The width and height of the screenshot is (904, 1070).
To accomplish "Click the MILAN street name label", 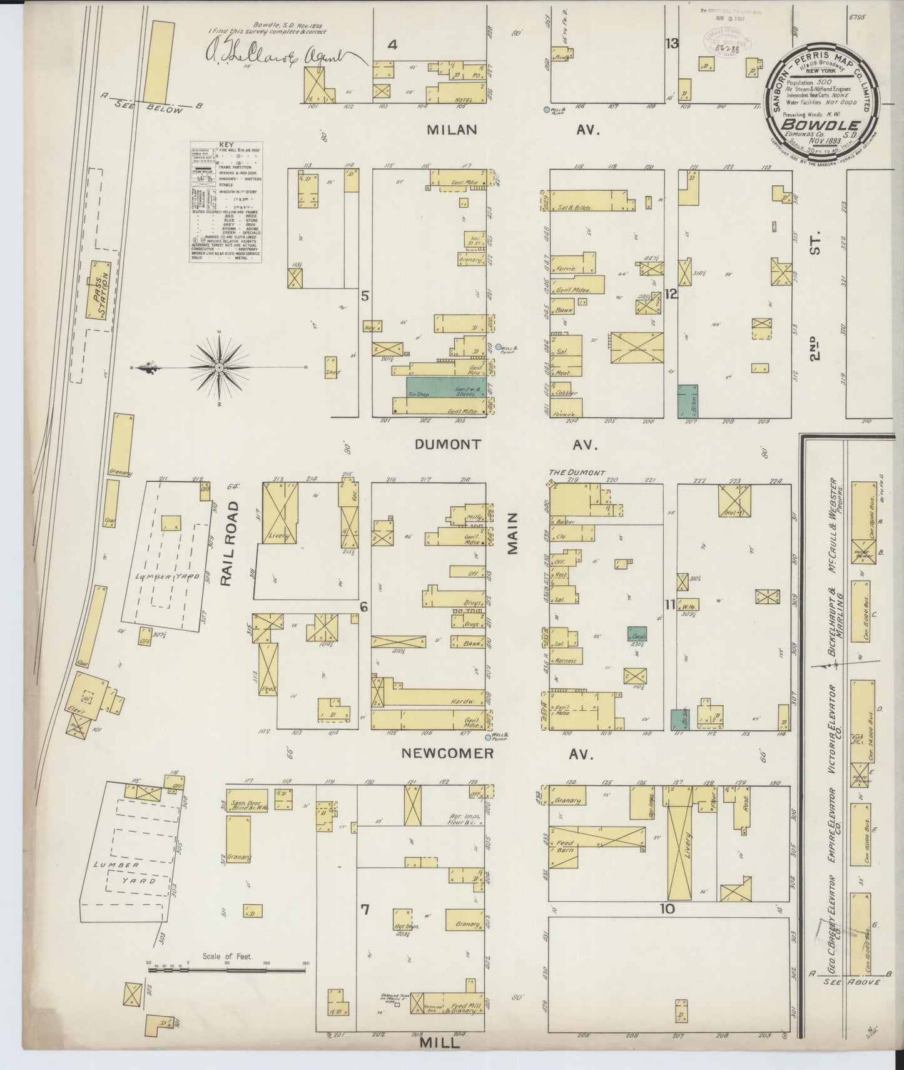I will coord(452,130).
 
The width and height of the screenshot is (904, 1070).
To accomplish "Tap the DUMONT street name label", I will coord(448,444).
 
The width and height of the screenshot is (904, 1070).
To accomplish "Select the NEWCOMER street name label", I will coord(447,753).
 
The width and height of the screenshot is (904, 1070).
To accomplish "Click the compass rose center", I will coord(220,368).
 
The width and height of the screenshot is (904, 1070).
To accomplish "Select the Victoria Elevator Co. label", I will coord(833,731).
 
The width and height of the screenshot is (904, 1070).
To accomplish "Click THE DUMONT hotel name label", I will coord(577,474).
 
